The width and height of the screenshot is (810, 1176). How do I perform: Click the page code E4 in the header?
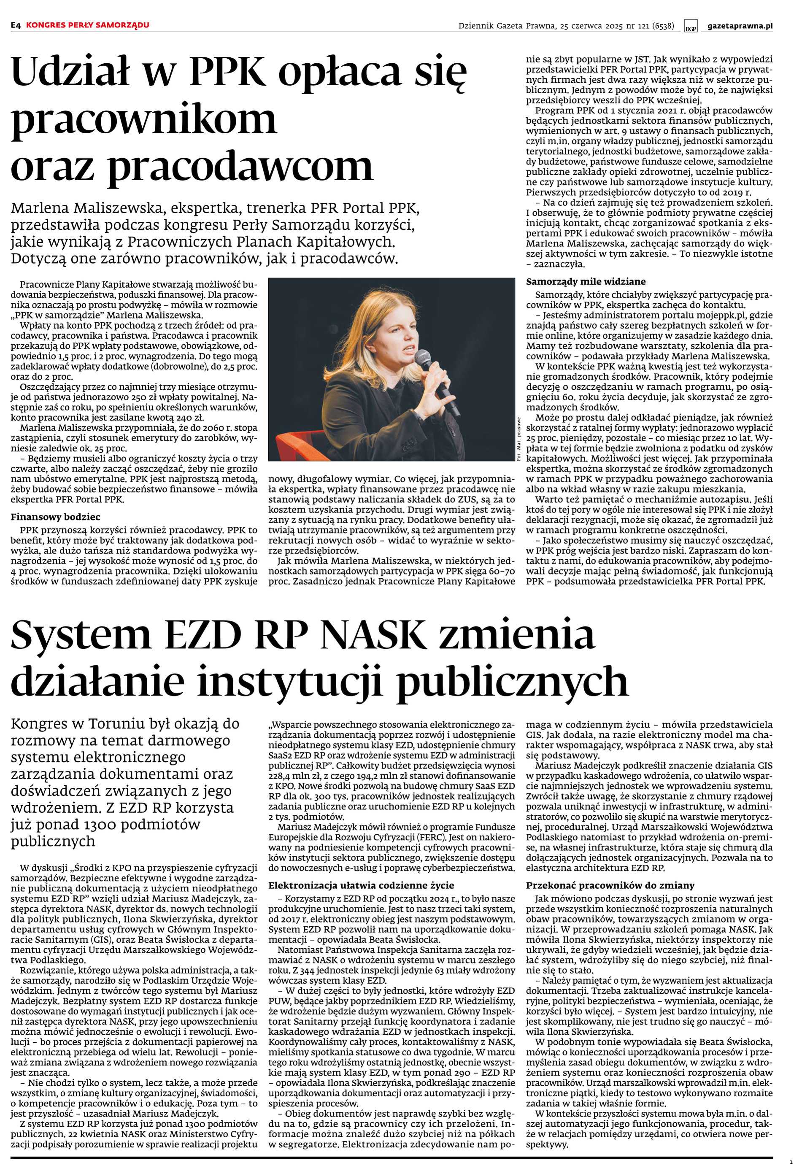[x=16, y=25]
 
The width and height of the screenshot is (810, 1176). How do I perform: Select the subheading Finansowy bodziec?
[x=56, y=517]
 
